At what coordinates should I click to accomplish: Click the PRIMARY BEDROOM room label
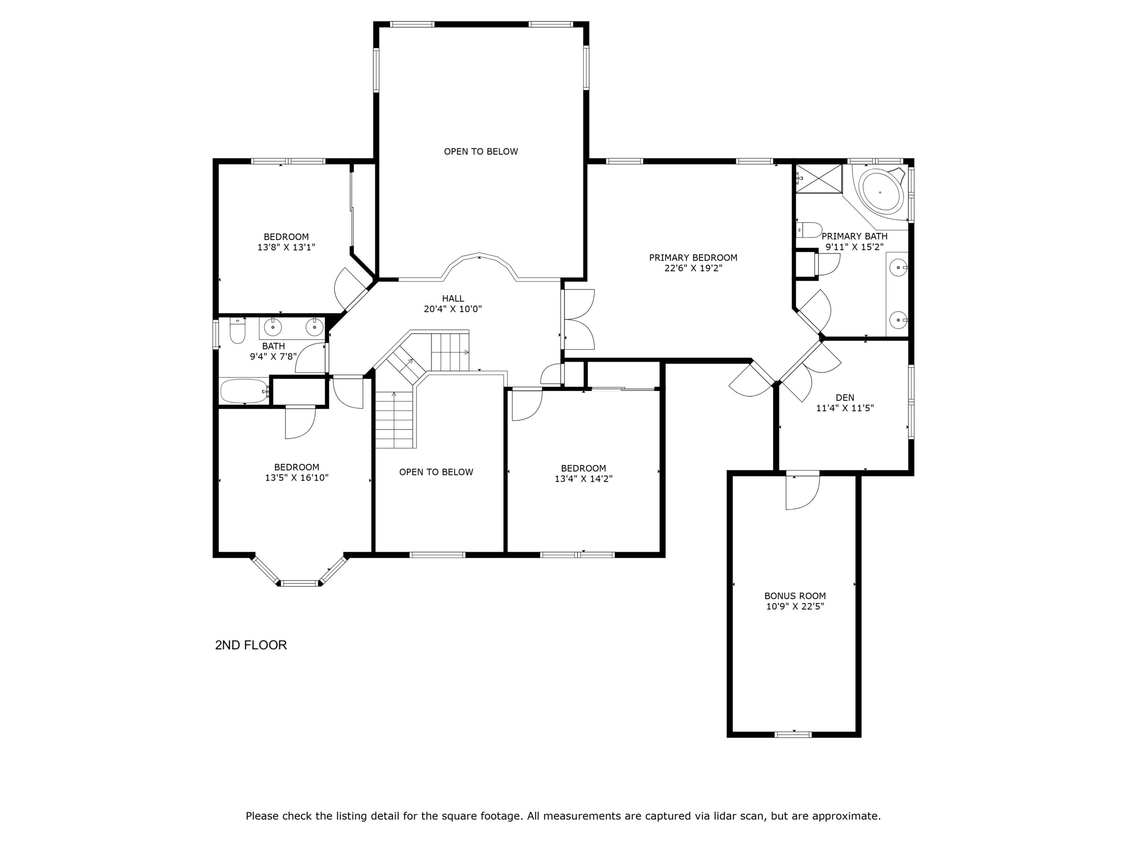[693, 258]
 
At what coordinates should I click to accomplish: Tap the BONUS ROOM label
[795, 596]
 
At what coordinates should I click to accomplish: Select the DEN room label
[845, 398]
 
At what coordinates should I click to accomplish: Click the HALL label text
[453, 298]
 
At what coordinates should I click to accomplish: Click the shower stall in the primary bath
[819, 178]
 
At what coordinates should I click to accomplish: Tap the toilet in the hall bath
[237, 331]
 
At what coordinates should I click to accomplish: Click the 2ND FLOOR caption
[250, 645]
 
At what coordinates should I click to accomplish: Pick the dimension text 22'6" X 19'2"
[693, 268]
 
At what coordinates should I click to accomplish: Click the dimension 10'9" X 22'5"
[795, 606]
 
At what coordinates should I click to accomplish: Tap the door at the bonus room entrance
[803, 492]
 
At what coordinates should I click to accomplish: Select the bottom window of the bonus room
[793, 734]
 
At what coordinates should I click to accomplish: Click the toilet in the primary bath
[809, 230]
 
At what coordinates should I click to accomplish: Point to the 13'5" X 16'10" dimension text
[297, 478]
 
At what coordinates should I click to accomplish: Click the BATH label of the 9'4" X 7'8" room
[273, 346]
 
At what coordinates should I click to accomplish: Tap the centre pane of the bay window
[300, 583]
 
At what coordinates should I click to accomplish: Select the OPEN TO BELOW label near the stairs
[436, 472]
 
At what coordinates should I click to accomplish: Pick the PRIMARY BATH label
[854, 236]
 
